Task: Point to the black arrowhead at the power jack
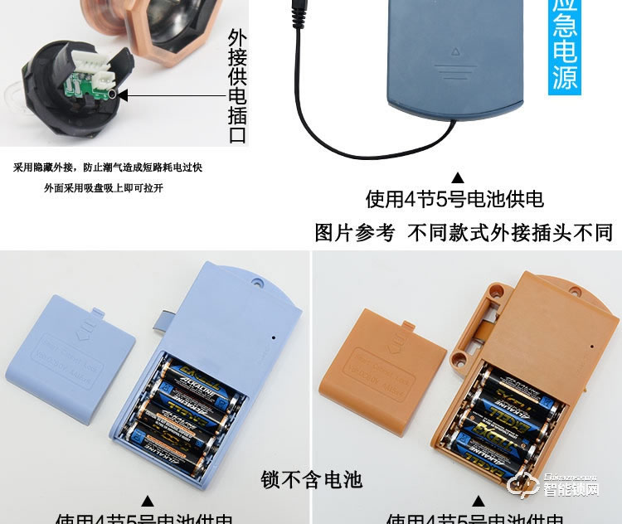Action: (x=124, y=95)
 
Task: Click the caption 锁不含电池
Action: (x=312, y=479)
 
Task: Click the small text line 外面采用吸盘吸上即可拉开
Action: (x=104, y=188)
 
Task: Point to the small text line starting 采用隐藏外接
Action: (x=108, y=167)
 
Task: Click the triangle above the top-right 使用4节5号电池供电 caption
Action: (x=457, y=177)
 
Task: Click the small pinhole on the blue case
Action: (x=275, y=337)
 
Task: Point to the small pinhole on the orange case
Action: (x=590, y=346)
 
